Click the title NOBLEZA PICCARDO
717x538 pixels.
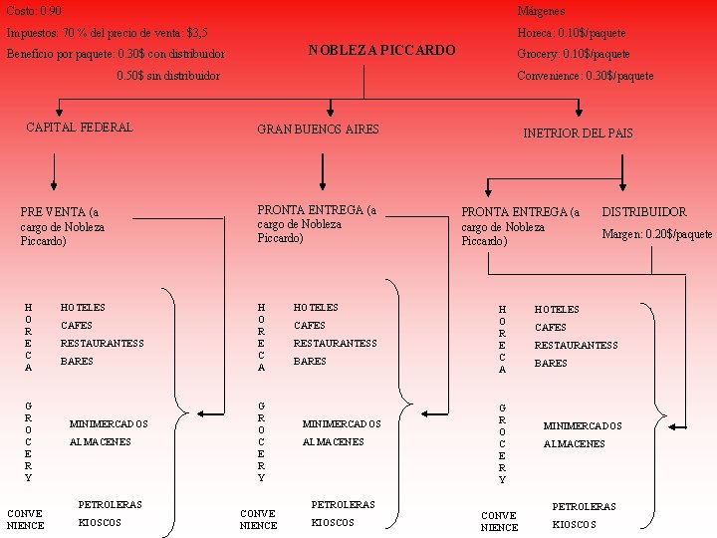coord(381,50)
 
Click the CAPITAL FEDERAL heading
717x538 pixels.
coord(79,127)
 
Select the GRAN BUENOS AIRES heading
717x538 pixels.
coord(318,130)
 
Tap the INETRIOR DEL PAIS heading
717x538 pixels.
coord(578,133)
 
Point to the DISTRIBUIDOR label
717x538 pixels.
coord(643,211)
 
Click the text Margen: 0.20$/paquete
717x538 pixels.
coord(656,234)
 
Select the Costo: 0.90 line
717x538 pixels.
coord(34,10)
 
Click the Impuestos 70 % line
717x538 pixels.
coord(107,33)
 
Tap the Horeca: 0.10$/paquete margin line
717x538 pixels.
coord(572,33)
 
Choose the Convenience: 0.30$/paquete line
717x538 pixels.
coord(586,76)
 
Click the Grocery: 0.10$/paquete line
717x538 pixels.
coord(574,54)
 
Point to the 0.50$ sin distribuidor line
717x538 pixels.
coord(168,76)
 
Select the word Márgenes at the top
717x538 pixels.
coord(541,10)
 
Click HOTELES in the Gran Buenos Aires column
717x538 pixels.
coord(316,308)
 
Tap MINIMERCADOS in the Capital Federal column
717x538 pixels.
coord(109,424)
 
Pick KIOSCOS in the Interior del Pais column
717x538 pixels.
coord(574,524)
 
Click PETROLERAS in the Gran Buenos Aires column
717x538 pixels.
coord(344,504)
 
